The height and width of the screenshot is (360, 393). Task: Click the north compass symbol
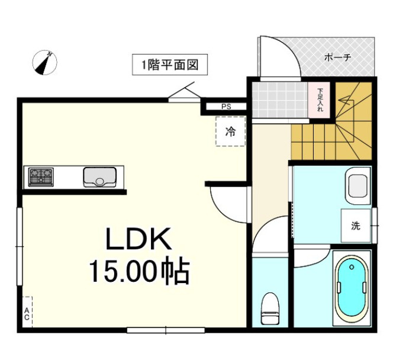coord(44,62)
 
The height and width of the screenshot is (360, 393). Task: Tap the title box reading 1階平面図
coord(170,65)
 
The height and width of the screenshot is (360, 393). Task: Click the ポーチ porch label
coord(337,57)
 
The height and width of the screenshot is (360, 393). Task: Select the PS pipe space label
coord(226,107)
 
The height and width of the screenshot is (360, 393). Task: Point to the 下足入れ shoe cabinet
coord(318,100)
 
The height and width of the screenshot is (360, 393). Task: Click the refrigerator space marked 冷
coord(231,131)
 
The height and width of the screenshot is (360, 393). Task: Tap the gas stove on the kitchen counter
coord(41,176)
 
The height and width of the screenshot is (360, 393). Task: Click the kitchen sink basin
coord(100,177)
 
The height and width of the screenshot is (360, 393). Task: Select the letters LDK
coord(138,239)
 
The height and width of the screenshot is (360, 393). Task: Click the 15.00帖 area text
coord(139,272)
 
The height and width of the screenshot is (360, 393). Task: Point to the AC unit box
coord(27,312)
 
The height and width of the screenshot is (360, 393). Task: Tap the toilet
coord(270,308)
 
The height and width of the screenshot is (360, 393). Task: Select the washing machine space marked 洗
coord(356,226)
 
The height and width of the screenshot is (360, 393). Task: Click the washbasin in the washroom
coord(358,186)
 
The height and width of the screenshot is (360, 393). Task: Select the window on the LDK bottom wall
coord(166,330)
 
